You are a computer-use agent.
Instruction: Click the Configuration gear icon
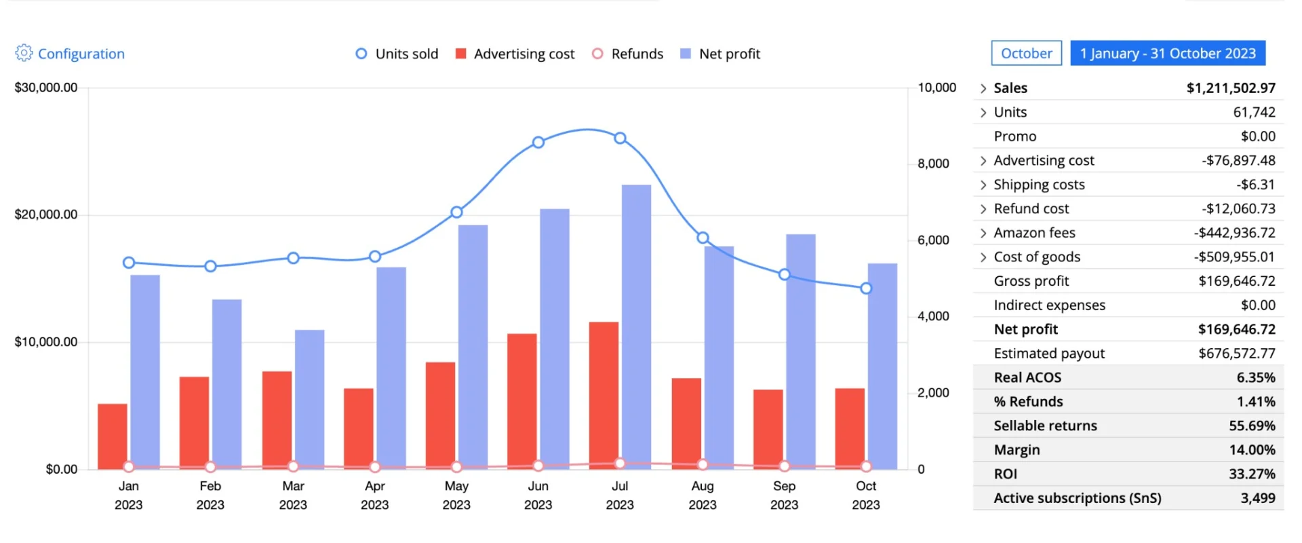24,53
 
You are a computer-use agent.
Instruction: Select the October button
1026,53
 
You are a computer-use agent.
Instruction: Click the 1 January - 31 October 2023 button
1168,53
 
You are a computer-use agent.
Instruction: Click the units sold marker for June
538,143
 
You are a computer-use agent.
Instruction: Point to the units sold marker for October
866,288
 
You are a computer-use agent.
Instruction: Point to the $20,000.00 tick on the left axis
46,214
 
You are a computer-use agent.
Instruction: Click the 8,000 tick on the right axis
933,164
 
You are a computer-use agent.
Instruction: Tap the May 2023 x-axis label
456,495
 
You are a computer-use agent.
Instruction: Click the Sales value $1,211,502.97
1231,88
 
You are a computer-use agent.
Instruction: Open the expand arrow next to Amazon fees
983,233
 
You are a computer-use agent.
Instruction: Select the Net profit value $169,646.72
1236,329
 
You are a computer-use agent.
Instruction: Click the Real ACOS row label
1027,377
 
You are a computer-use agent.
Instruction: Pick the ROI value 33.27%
1252,474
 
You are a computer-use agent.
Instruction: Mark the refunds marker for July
620,464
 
